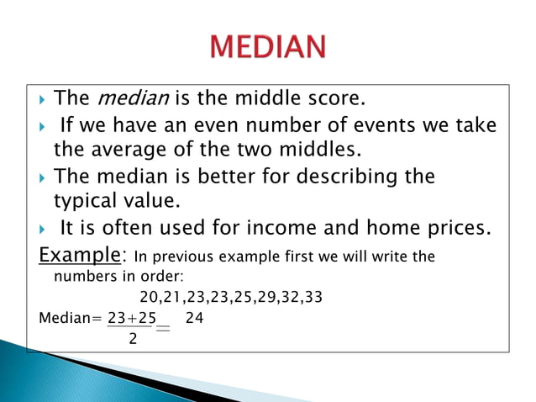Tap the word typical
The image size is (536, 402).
click(x=87, y=203)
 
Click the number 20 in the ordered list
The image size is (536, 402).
click(x=149, y=297)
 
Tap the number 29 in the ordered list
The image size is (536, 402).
click(x=257, y=297)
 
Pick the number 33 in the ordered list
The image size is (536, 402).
click(x=312, y=297)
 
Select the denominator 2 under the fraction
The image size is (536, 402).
click(x=133, y=339)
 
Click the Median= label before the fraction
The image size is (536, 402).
click(x=70, y=320)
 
